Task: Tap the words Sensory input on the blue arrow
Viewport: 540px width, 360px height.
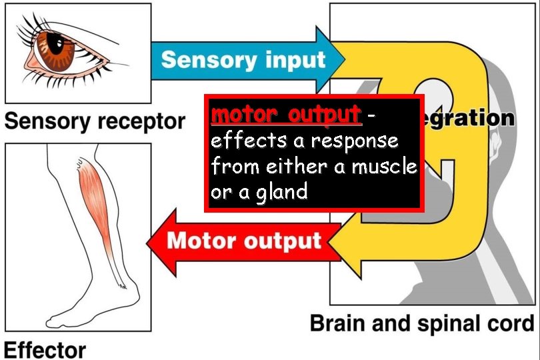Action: point(243,59)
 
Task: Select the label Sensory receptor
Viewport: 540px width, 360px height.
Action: point(94,121)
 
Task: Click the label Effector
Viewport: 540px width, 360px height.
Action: point(45,349)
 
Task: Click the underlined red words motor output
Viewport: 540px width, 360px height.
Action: point(286,115)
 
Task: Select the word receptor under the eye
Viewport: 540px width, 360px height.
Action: point(142,121)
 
